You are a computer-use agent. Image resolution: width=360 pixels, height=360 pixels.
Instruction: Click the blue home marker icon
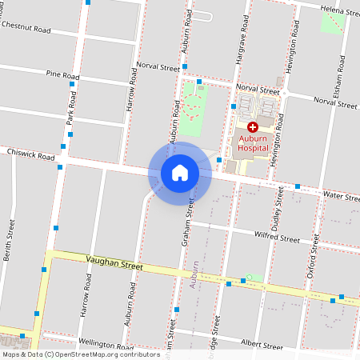180,173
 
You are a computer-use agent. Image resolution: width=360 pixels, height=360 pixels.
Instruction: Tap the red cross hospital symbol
252,127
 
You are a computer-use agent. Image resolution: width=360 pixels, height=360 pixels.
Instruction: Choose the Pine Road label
62,76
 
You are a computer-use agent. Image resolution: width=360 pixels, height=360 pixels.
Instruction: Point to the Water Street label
340,195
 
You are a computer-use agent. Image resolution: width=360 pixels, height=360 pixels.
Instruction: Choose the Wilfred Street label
278,238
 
